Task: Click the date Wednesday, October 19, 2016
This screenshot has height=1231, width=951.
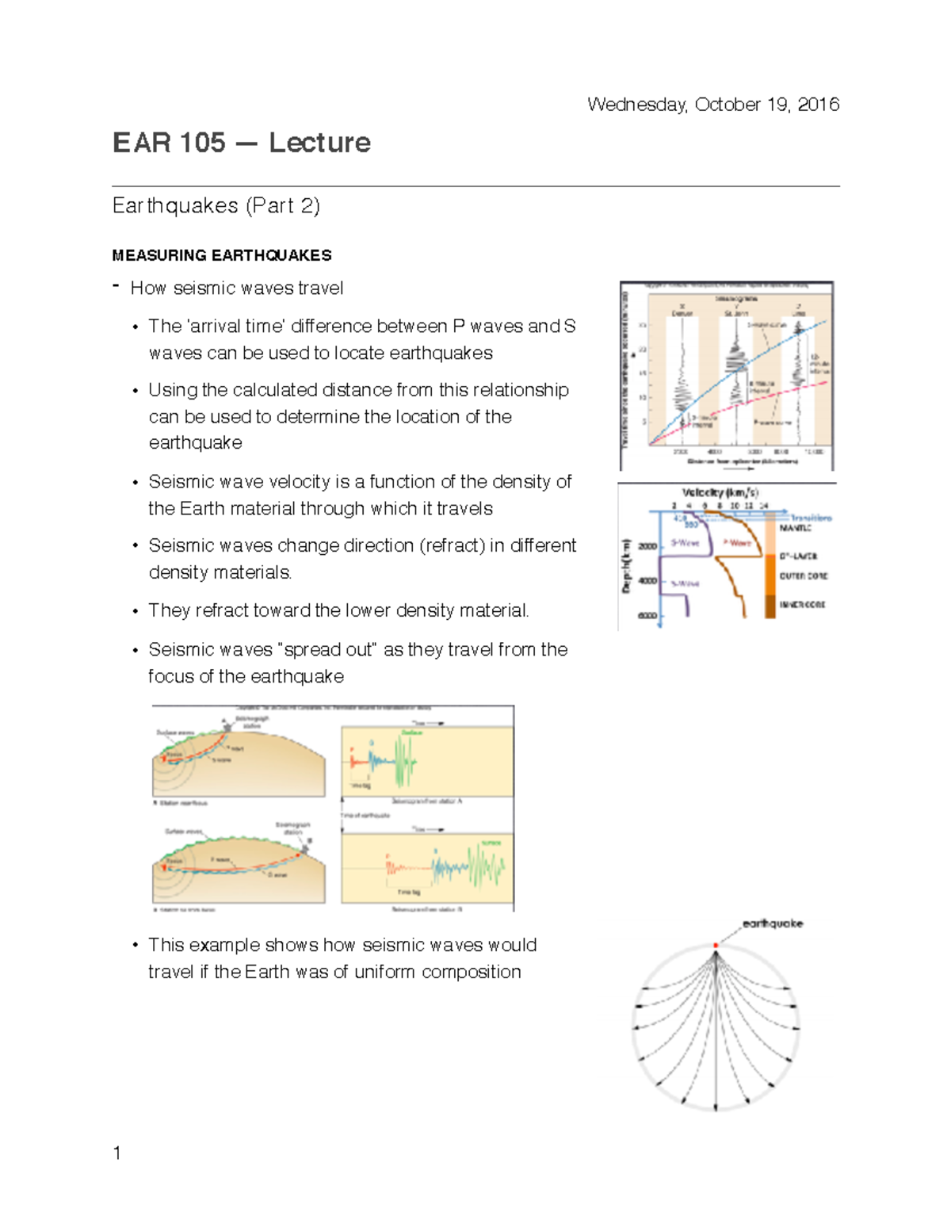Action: click(x=712, y=105)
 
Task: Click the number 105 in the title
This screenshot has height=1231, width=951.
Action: click(x=202, y=143)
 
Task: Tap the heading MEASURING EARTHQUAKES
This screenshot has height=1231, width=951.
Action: click(x=222, y=255)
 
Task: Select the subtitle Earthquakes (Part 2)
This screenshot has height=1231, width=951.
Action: click(x=216, y=206)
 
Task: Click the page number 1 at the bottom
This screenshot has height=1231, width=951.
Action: click(x=117, y=1153)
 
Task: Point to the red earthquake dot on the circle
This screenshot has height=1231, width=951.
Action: click(x=716, y=945)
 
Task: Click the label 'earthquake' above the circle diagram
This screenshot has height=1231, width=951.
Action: click(x=772, y=923)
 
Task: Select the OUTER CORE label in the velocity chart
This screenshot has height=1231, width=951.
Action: click(x=803, y=576)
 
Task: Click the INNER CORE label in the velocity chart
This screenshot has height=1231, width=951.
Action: click(x=802, y=605)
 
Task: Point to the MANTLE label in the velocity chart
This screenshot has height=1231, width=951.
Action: click(x=795, y=528)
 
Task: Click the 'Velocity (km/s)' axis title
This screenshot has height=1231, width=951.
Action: click(x=720, y=492)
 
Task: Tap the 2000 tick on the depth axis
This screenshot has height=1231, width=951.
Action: click(x=647, y=546)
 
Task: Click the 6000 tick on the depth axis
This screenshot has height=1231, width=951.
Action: click(x=647, y=616)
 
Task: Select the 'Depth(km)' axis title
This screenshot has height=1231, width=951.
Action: click(x=626, y=566)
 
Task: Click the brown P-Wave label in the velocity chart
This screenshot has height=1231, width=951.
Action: click(x=736, y=543)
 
